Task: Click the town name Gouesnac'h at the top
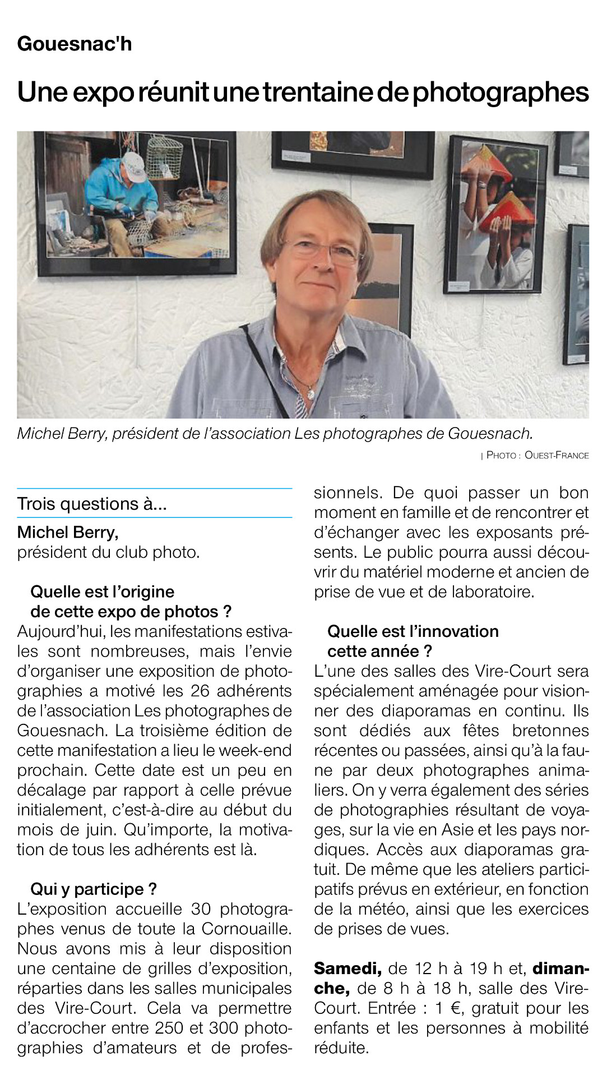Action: pos(75,43)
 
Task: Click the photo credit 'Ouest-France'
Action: pos(556,455)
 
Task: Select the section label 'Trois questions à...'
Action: pos(92,503)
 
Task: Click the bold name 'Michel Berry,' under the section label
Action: pos(68,532)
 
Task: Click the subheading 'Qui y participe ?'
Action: pos(94,889)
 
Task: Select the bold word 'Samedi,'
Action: pos(347,968)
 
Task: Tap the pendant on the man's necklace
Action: pos(311,393)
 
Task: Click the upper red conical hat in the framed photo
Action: pos(486,163)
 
